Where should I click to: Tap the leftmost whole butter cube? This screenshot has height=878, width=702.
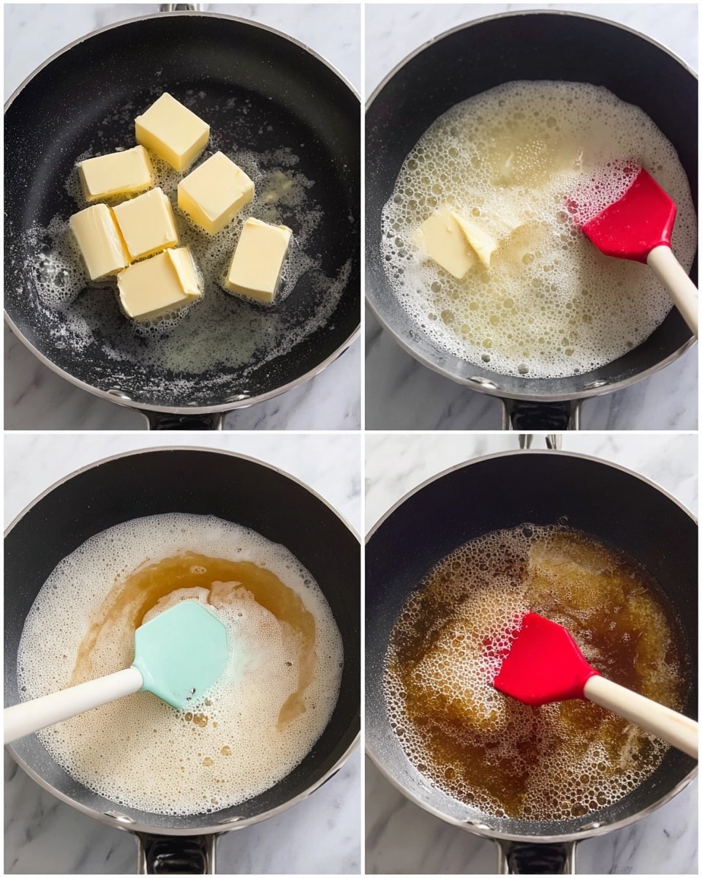pos(99,241)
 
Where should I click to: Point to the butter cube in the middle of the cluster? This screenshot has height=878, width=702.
pos(146,222)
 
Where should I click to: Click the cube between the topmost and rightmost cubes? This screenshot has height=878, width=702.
pos(216,192)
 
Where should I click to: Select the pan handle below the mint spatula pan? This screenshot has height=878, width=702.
pos(176,852)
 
